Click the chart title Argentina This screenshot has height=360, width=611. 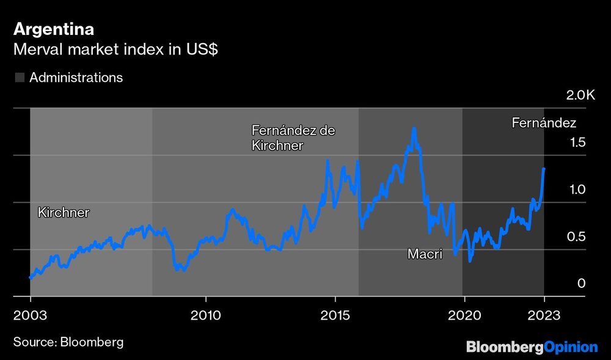[x=54, y=29]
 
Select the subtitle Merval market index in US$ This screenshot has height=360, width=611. [x=116, y=50]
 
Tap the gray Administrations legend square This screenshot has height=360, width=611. [x=20, y=78]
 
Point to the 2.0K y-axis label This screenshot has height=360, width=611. [x=580, y=95]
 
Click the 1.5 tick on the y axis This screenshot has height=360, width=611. [x=577, y=142]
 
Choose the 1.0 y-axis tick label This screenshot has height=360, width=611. [x=577, y=189]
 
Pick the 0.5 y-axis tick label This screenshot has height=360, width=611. [x=577, y=237]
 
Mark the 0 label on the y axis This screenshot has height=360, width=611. [x=582, y=284]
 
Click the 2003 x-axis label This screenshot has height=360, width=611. [x=30, y=317]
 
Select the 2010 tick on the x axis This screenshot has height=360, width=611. [x=206, y=317]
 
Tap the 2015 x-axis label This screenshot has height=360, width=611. [x=335, y=317]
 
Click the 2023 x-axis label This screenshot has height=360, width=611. [x=544, y=317]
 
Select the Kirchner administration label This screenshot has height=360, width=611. [x=64, y=213]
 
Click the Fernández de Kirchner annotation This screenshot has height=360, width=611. [x=293, y=138]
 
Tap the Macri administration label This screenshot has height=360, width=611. [x=425, y=254]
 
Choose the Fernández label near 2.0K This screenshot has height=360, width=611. [x=544, y=123]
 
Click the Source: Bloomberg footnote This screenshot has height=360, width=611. [x=68, y=342]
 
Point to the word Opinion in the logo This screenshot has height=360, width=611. [x=571, y=347]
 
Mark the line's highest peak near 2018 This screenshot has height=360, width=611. [x=414, y=129]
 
